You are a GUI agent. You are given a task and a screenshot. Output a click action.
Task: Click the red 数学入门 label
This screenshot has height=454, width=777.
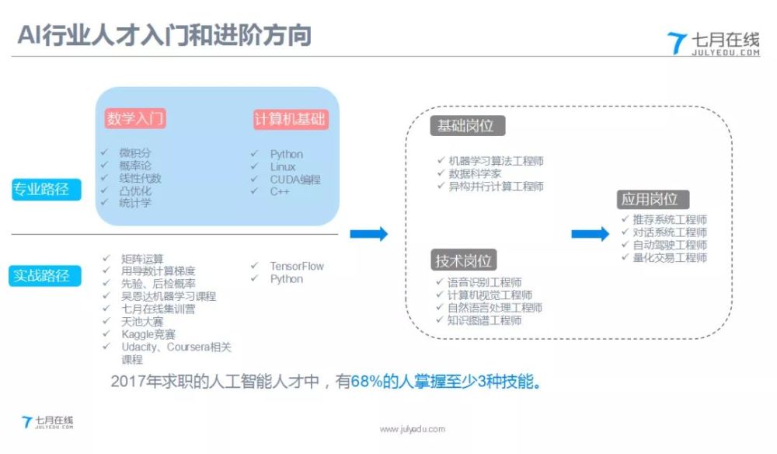point(134,118)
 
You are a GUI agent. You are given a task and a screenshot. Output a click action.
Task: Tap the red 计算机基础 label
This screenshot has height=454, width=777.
point(291,119)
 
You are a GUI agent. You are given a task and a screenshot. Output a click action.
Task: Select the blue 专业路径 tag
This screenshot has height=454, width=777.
point(46,190)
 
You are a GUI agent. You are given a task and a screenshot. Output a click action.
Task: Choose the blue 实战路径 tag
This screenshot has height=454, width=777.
point(44,276)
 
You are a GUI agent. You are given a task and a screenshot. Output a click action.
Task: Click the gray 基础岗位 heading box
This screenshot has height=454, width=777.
point(467,126)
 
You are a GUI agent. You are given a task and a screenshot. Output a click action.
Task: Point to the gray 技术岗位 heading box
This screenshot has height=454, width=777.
point(463,260)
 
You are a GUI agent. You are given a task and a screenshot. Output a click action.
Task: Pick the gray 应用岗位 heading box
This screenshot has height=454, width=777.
point(653,199)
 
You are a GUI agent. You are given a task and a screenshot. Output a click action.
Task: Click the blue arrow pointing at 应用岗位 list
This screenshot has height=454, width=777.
point(591,233)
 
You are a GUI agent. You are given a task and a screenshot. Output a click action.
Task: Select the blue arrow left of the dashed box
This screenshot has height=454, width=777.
point(368,233)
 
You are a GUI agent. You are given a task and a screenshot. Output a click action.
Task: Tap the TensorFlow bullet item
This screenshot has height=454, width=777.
point(296,266)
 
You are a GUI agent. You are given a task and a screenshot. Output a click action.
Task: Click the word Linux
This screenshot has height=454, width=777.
point(283,167)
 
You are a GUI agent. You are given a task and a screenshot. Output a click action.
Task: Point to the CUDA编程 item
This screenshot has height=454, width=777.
point(295,180)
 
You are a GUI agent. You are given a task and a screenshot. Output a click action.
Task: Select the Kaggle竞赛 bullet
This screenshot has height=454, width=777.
point(148,334)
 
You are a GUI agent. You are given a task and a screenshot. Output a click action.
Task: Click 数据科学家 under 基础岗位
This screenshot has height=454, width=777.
point(475,173)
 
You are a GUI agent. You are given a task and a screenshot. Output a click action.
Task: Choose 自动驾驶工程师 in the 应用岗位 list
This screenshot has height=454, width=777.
point(670,245)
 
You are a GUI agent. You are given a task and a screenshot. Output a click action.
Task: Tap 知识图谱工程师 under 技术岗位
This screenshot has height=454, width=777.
point(484,320)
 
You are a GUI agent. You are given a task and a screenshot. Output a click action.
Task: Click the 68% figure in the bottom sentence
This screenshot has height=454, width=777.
point(366,382)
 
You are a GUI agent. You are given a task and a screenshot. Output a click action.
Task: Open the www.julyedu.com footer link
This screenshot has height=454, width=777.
point(413,429)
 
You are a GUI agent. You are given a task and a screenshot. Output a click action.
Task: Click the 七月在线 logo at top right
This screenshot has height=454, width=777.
point(713,44)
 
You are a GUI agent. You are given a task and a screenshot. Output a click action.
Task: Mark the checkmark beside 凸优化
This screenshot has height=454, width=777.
point(105,190)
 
